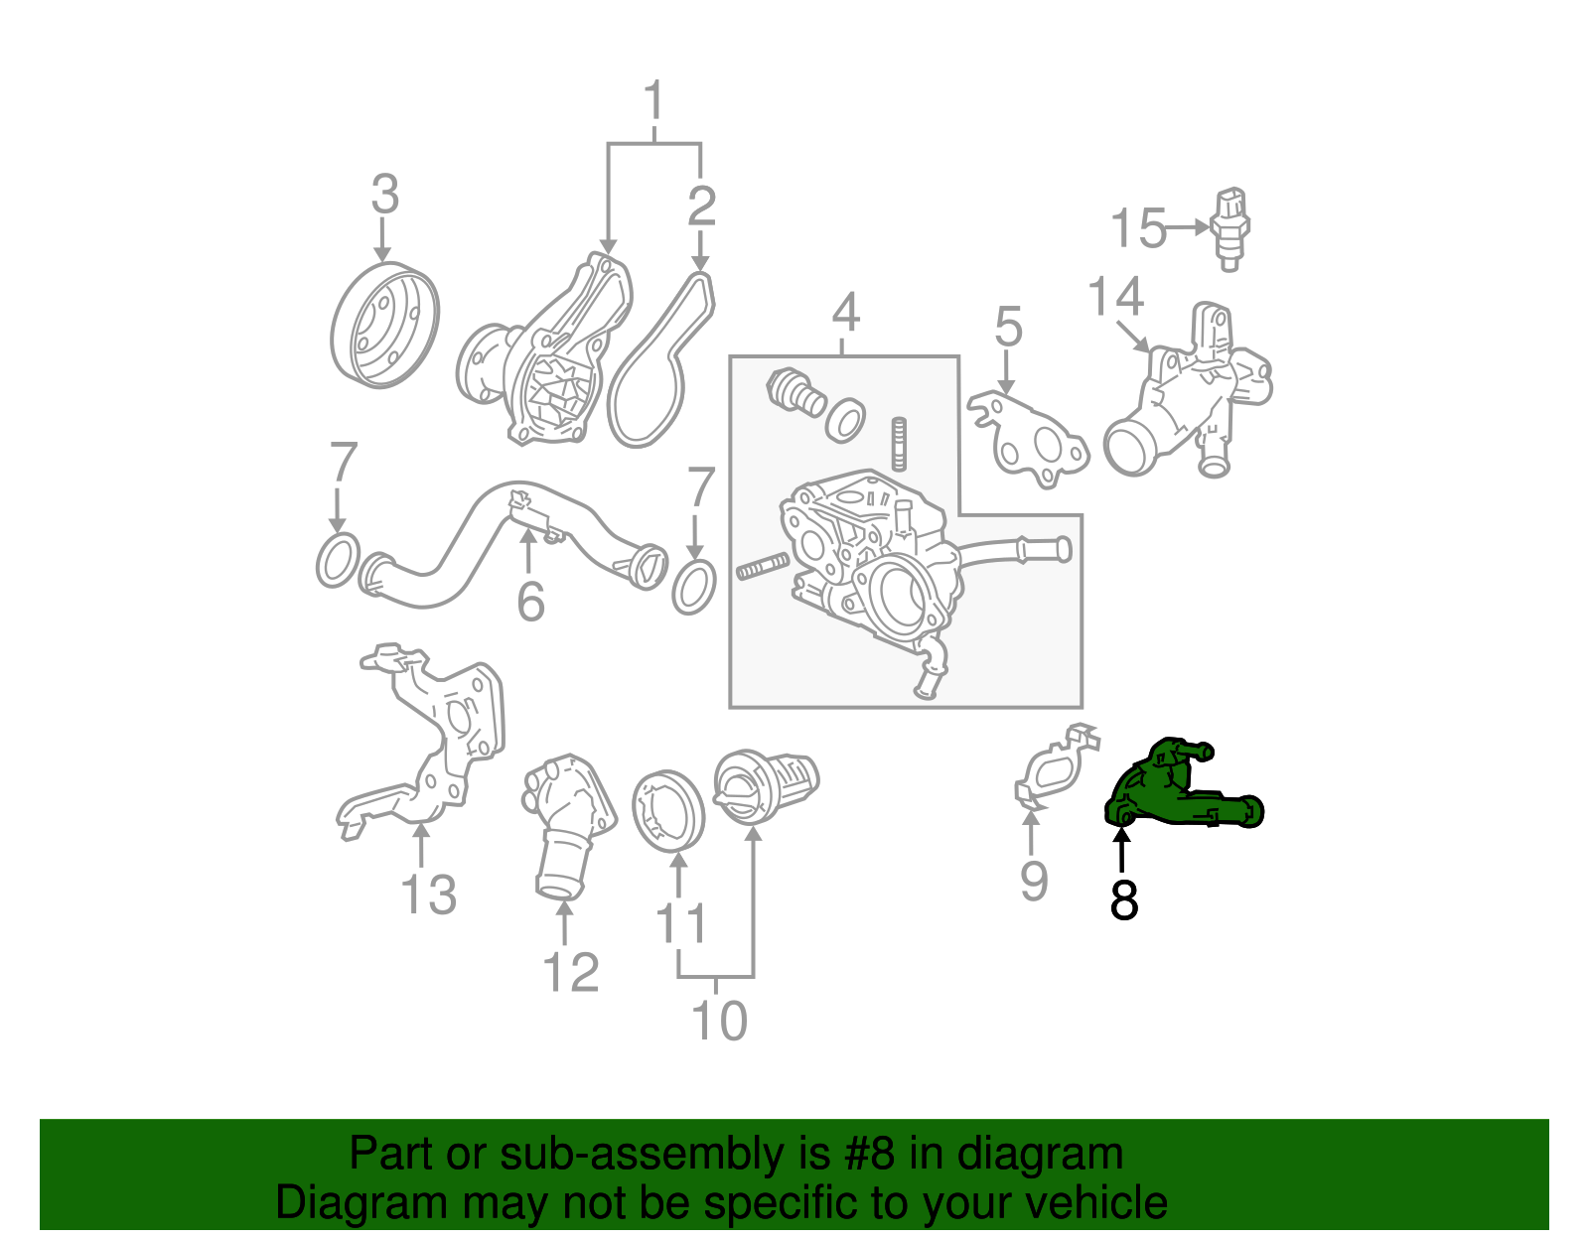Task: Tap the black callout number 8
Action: click(x=1123, y=900)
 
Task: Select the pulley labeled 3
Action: click(x=383, y=325)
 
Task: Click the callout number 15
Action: click(x=1137, y=228)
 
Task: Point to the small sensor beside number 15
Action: click(x=1229, y=227)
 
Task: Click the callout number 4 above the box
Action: click(x=845, y=313)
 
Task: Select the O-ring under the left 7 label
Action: click(x=338, y=561)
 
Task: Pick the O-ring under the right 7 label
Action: click(x=694, y=588)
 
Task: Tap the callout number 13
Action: click(x=428, y=895)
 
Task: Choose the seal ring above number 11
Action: click(x=667, y=809)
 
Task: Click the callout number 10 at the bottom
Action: click(x=718, y=1021)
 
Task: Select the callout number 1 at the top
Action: click(x=653, y=102)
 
